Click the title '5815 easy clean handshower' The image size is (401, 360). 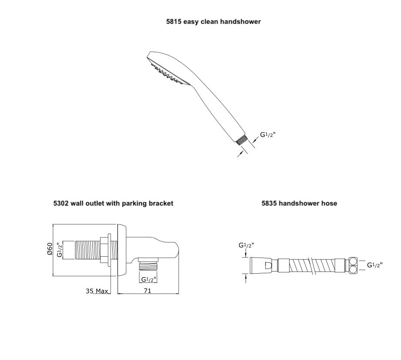[x=213, y=21]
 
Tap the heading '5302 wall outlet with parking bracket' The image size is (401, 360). [x=113, y=203]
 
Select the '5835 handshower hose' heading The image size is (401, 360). [x=299, y=203]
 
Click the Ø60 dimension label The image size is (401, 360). [x=50, y=249]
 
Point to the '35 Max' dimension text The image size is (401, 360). [x=97, y=291]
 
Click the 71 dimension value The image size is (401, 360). [x=148, y=291]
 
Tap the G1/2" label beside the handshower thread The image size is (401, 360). [x=268, y=135]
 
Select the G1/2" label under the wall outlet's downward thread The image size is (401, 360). [x=149, y=279]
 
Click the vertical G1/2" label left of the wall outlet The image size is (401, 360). [x=60, y=250]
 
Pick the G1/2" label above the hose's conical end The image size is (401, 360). [x=246, y=245]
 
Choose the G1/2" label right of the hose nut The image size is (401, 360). [x=375, y=265]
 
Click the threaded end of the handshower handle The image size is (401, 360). [x=241, y=140]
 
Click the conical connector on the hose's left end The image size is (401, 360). [x=261, y=265]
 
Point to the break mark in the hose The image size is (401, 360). [x=311, y=265]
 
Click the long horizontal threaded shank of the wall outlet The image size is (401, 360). [x=88, y=250]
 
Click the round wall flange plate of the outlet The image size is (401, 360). [x=121, y=250]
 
